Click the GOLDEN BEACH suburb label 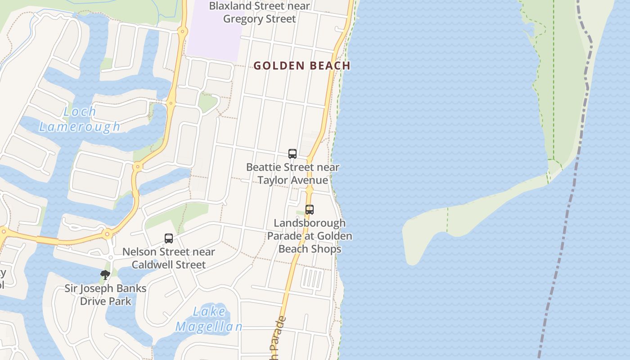301,66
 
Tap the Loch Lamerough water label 80,119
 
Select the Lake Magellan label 208,319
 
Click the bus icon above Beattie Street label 292,154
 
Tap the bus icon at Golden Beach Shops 309,209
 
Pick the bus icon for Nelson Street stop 169,238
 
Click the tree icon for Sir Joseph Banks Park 105,274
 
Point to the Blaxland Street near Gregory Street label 260,12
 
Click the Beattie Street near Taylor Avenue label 292,174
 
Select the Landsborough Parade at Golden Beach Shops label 310,236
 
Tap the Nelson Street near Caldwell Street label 169,258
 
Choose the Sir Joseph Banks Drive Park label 105,295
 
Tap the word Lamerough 80,127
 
